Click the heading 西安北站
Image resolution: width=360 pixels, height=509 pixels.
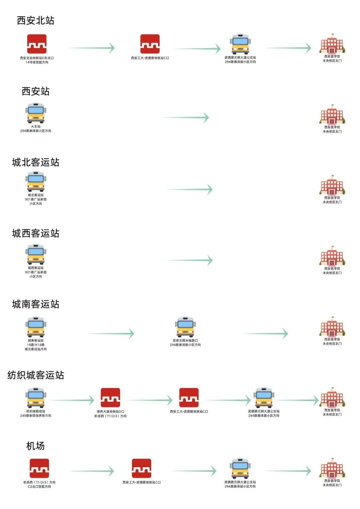[x=35, y=21]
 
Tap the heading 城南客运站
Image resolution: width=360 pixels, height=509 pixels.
[x=35, y=304]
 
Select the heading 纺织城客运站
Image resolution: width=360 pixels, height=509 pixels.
[x=35, y=375]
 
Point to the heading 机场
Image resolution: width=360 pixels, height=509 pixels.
[x=35, y=446]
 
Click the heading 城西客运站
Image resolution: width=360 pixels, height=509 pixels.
[x=35, y=233]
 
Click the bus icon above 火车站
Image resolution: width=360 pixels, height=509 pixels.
[x=36, y=113]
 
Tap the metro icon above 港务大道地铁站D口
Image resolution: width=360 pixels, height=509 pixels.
[x=110, y=398]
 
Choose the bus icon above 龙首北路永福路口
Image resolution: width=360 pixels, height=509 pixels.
[x=185, y=327]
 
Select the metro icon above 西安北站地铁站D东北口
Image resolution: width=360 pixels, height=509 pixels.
[x=37, y=44]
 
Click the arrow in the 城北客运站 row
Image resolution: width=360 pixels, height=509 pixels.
[x=190, y=190]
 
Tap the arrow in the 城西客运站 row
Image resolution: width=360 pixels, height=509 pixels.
[x=190, y=260]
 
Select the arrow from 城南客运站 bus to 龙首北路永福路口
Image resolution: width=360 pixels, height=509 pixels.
[x=111, y=333]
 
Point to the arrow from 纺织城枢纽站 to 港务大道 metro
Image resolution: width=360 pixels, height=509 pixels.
[x=72, y=400]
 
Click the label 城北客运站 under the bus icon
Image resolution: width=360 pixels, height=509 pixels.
[x=36, y=195]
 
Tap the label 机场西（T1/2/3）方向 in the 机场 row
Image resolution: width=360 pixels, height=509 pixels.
[x=39, y=482]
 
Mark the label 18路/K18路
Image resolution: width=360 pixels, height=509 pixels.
[x=36, y=345]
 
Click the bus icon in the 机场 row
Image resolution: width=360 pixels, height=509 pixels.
[x=240, y=468]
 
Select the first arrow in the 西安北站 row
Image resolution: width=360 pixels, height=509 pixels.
[x=92, y=48]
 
